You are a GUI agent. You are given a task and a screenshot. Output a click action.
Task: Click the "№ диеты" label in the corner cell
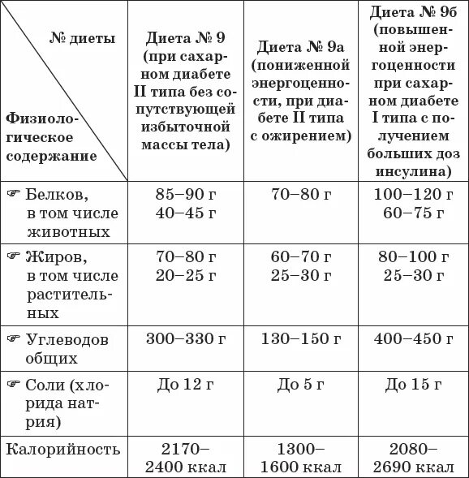point(77,38)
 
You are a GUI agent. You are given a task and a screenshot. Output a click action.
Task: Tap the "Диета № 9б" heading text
point(412,12)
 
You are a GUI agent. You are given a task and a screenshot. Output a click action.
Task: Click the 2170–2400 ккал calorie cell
point(191,458)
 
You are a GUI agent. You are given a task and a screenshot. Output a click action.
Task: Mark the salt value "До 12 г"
point(191,383)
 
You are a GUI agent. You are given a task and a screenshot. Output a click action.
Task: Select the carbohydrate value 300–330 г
point(191,339)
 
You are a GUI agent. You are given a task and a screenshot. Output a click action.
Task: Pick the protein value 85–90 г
point(191,195)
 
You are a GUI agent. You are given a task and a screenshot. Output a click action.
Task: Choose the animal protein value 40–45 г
point(191,213)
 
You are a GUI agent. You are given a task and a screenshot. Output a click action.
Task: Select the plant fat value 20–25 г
point(191,275)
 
